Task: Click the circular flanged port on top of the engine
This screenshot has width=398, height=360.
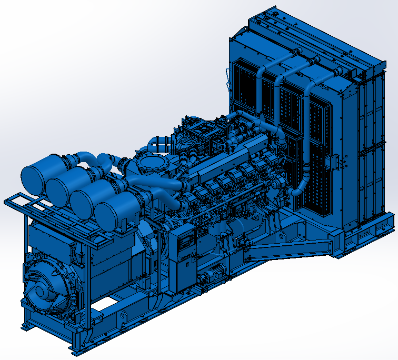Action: click(153, 164)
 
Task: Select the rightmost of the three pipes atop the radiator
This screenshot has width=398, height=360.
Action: click(316, 79)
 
